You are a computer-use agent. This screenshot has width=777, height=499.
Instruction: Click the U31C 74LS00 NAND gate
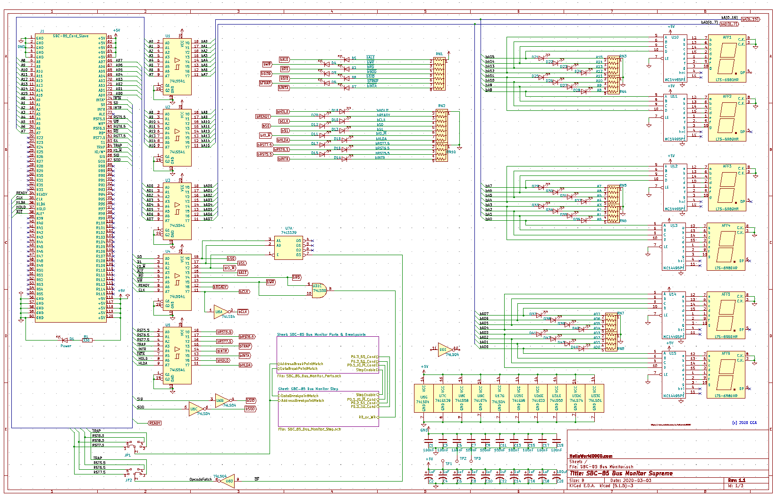(x=319, y=288)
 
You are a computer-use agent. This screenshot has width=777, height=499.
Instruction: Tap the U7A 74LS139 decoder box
(x=288, y=248)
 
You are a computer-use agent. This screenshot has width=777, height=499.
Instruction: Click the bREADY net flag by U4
(x=220, y=287)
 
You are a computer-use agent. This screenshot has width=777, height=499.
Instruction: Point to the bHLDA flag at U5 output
(x=245, y=365)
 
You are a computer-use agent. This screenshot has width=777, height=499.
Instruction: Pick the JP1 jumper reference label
(x=127, y=455)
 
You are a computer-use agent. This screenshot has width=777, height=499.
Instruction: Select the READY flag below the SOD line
(x=154, y=423)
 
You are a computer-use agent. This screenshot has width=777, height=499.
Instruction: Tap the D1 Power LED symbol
(x=65, y=339)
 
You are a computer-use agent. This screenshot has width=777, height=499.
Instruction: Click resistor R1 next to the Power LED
(x=86, y=340)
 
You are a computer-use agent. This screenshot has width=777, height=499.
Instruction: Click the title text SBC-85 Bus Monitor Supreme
(x=621, y=473)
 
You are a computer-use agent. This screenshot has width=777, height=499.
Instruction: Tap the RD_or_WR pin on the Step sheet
(x=367, y=417)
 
